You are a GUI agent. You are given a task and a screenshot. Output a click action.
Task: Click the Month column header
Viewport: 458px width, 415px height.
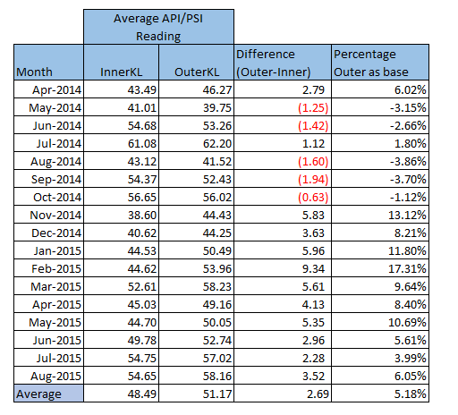coord(34,71)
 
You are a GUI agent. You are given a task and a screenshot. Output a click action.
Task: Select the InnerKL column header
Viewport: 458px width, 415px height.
coord(123,71)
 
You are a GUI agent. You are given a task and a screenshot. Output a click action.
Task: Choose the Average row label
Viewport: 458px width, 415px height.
coord(39,394)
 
